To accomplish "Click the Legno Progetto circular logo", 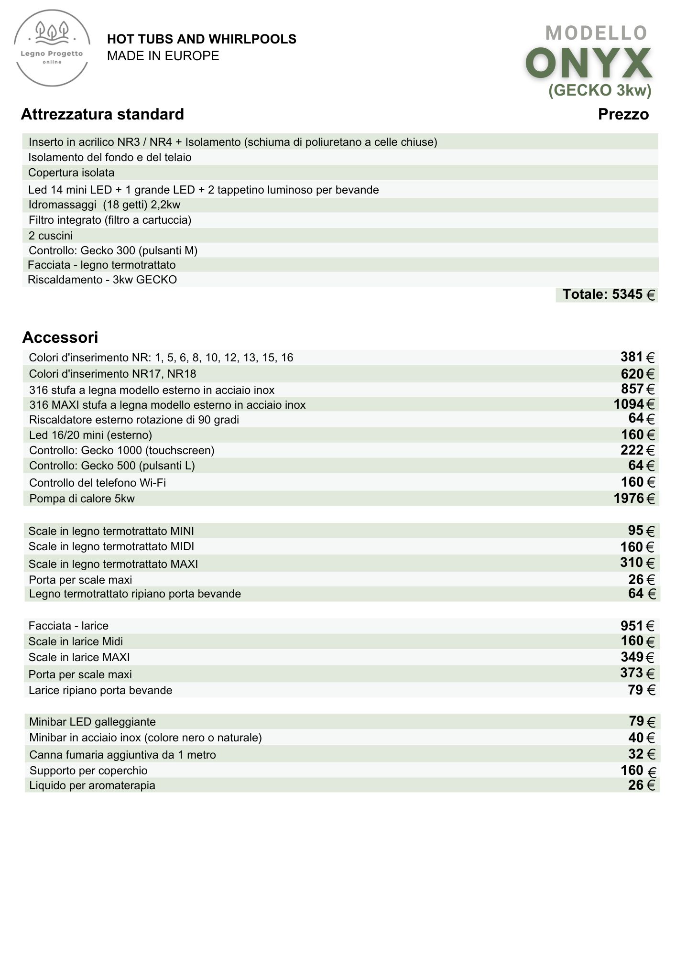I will tap(52, 50).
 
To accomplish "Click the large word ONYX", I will tap(589, 64).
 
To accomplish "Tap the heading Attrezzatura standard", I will tap(102, 114).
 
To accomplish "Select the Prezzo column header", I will tap(623, 114).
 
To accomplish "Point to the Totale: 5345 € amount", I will tap(608, 294).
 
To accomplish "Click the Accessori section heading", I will tap(60, 337).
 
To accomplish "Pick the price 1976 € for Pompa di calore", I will tap(633, 499).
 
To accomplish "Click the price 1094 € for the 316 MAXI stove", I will tap(633, 404).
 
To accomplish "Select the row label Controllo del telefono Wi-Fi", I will tap(98, 483).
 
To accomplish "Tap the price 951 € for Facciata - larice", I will tap(637, 626).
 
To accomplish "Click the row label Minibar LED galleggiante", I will tap(92, 722).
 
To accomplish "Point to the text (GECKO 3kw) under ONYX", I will tap(600, 90).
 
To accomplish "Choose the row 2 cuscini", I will tap(51, 236).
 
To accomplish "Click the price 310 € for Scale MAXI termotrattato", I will tap(637, 563).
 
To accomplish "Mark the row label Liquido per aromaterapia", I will tap(92, 785).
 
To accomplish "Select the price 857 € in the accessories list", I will tap(637, 389).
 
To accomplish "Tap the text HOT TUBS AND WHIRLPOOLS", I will tap(201, 39).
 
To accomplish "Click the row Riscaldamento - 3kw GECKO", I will tap(102, 280).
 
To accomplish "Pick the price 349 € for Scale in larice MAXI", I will tap(637, 657).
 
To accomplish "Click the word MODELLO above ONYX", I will tap(596, 33).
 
